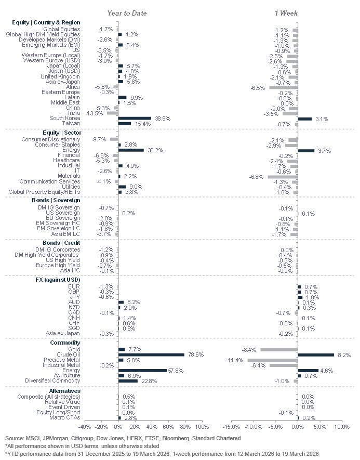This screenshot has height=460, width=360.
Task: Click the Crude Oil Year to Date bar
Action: point(151,354)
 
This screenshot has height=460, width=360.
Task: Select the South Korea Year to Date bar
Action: point(135,119)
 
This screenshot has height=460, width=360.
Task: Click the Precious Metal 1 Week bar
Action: point(272,360)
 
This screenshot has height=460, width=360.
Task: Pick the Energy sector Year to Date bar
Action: point(131,150)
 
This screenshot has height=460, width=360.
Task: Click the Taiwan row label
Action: point(72,124)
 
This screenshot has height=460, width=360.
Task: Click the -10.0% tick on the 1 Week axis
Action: point(254,427)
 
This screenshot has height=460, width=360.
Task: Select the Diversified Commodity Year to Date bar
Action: point(128,380)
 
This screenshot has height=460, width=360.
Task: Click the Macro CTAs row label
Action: point(65,417)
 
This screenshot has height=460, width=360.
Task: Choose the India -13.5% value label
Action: point(95,113)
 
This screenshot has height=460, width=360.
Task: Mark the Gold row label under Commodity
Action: point(74,349)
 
